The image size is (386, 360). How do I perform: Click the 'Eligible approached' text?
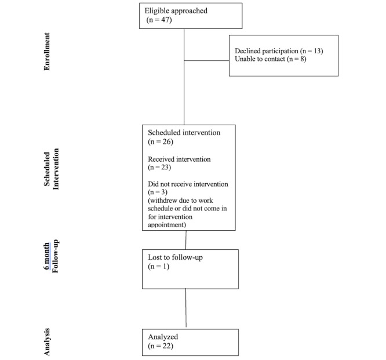(x=176, y=11)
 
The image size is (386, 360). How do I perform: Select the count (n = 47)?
(x=159, y=20)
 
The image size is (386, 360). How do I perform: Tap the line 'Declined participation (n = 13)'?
(x=279, y=51)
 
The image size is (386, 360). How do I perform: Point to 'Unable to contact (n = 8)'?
(x=270, y=59)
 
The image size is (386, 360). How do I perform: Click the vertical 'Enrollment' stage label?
(x=47, y=52)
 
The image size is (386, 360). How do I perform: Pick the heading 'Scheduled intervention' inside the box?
(x=184, y=133)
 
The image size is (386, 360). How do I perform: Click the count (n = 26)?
(x=161, y=142)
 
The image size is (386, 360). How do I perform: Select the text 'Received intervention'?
(x=179, y=159)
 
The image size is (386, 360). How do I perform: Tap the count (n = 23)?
(x=159, y=168)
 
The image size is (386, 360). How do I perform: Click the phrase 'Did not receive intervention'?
(x=188, y=184)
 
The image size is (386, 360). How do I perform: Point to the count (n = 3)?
(x=158, y=192)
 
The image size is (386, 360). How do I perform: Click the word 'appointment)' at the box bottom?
(x=167, y=225)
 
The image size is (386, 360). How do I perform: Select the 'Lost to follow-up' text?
(x=175, y=257)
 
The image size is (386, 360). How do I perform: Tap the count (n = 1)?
(x=159, y=267)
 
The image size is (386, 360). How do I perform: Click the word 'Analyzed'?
(x=163, y=337)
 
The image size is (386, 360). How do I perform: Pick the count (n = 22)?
(x=161, y=346)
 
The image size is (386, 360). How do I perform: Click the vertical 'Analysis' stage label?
(x=47, y=342)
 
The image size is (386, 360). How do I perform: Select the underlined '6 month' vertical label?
(x=47, y=256)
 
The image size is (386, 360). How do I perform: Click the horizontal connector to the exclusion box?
(x=206, y=60)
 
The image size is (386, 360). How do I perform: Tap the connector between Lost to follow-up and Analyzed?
(x=186, y=308)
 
